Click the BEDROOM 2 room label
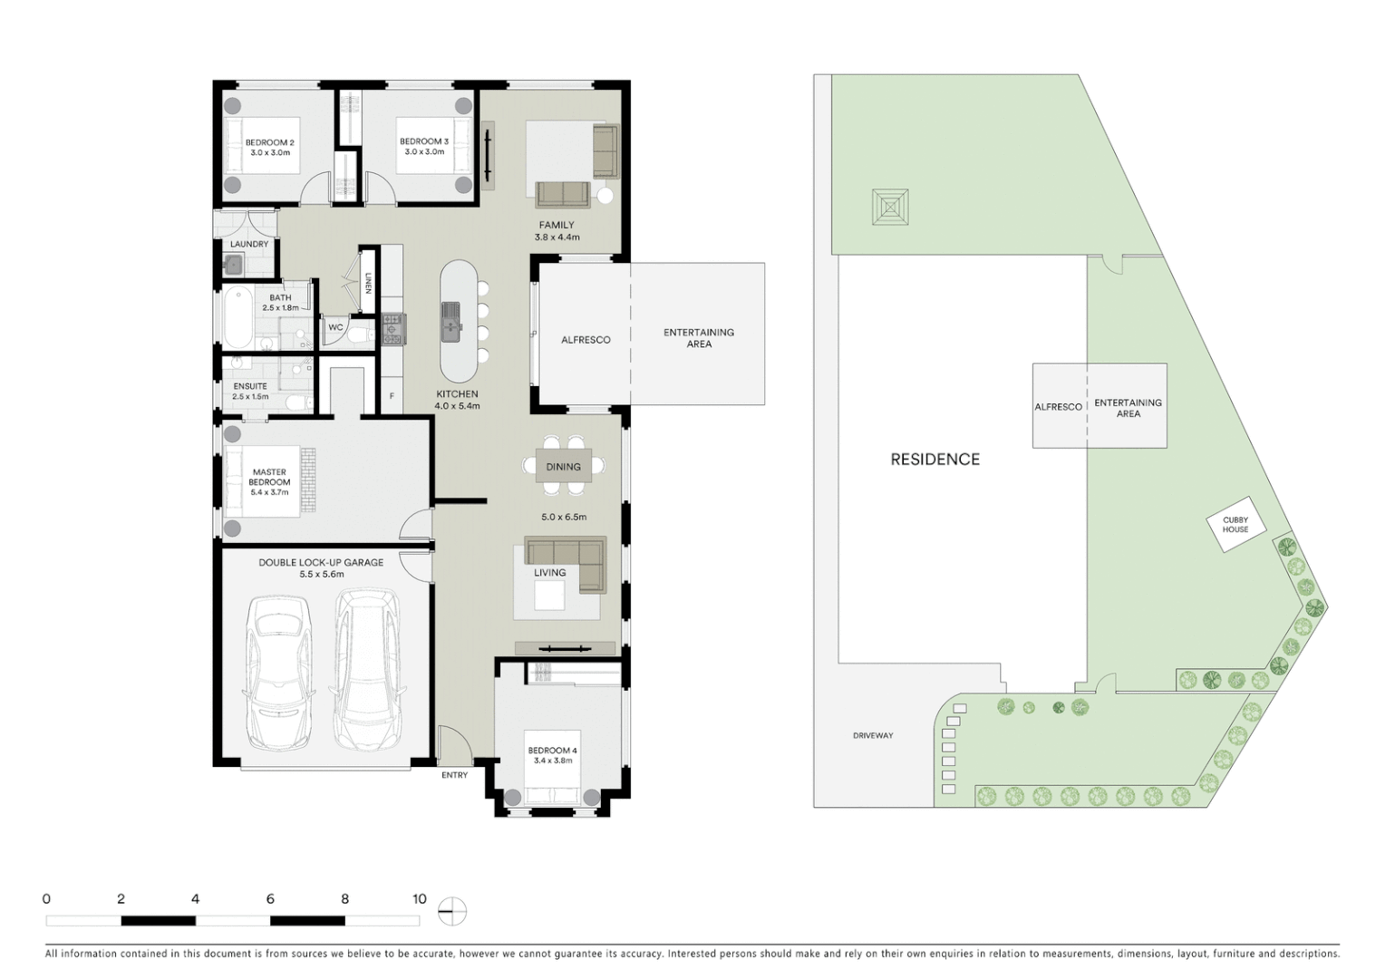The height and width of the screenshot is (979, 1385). tap(269, 142)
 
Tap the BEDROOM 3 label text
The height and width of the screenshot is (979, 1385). tap(423, 141)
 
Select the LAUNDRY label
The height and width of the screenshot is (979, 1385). tap(248, 244)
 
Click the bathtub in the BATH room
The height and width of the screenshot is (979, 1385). tap(237, 316)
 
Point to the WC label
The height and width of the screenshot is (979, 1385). tap(335, 327)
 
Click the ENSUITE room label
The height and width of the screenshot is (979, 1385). tap(250, 386)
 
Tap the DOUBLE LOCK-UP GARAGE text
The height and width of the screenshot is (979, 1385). tap(321, 563)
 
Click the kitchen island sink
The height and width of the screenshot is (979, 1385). tap(450, 319)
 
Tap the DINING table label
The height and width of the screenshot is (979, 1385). tap(563, 467)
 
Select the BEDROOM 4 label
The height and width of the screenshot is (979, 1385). tap(552, 751)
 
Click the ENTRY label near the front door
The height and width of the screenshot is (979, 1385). tap(454, 775)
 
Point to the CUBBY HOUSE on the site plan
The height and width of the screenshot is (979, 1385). tap(1235, 525)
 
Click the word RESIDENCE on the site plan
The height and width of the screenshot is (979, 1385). tap(935, 460)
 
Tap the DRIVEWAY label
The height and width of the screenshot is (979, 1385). tap(873, 736)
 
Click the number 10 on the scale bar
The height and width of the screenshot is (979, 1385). tap(419, 899)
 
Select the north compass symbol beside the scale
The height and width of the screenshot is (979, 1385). tap(451, 911)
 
